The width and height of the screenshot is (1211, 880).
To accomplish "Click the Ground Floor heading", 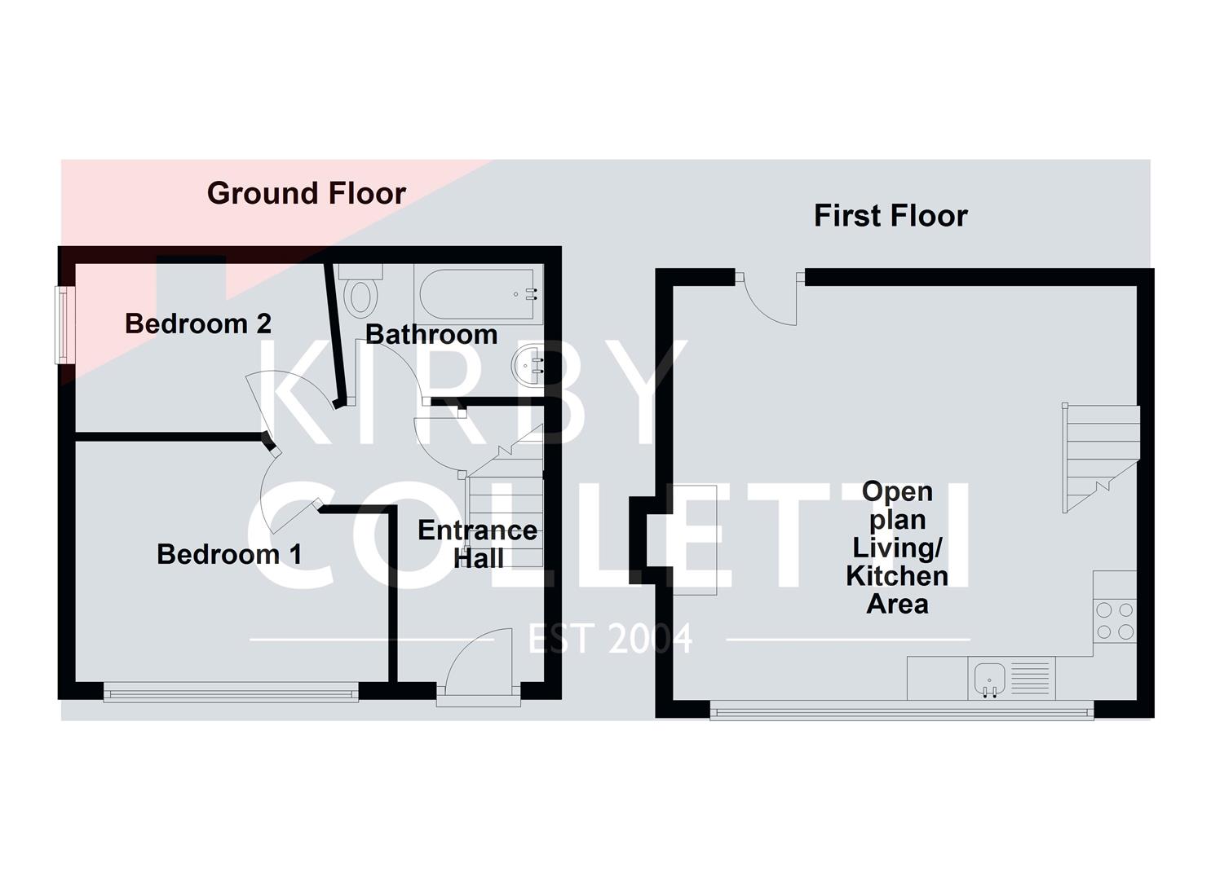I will pos(306,194).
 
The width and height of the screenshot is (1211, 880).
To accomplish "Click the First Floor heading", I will pos(890,216).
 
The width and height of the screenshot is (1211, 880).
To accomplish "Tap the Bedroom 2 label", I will pos(197,323).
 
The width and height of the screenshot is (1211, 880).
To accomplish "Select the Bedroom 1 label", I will pos(229,554).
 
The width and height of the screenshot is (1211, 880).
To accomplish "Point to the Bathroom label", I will pos(431,334).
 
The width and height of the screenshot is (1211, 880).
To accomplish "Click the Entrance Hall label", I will pos(477,544).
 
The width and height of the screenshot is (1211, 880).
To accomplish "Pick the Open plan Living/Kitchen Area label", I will pos(897,548).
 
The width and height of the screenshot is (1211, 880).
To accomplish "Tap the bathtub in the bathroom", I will pos(478,293).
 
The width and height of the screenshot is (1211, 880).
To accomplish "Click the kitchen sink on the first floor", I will pos(989,679).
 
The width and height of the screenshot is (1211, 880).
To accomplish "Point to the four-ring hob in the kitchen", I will pos(1116,620).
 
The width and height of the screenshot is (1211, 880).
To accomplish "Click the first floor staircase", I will pos(1099,458).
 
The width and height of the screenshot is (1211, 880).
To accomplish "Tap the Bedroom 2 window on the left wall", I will pos(63,323).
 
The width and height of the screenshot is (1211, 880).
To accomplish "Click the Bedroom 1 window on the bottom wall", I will pos(231,694).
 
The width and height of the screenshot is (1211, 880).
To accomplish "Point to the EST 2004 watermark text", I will pos(610,639).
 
